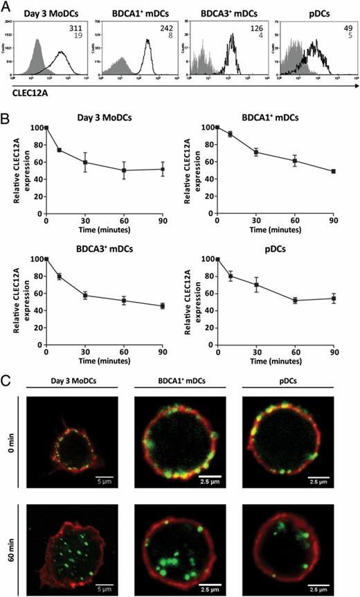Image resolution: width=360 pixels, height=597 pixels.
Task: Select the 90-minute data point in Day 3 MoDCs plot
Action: coord(163,188)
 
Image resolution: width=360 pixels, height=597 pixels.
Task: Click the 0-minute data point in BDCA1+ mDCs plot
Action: coord(217,127)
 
